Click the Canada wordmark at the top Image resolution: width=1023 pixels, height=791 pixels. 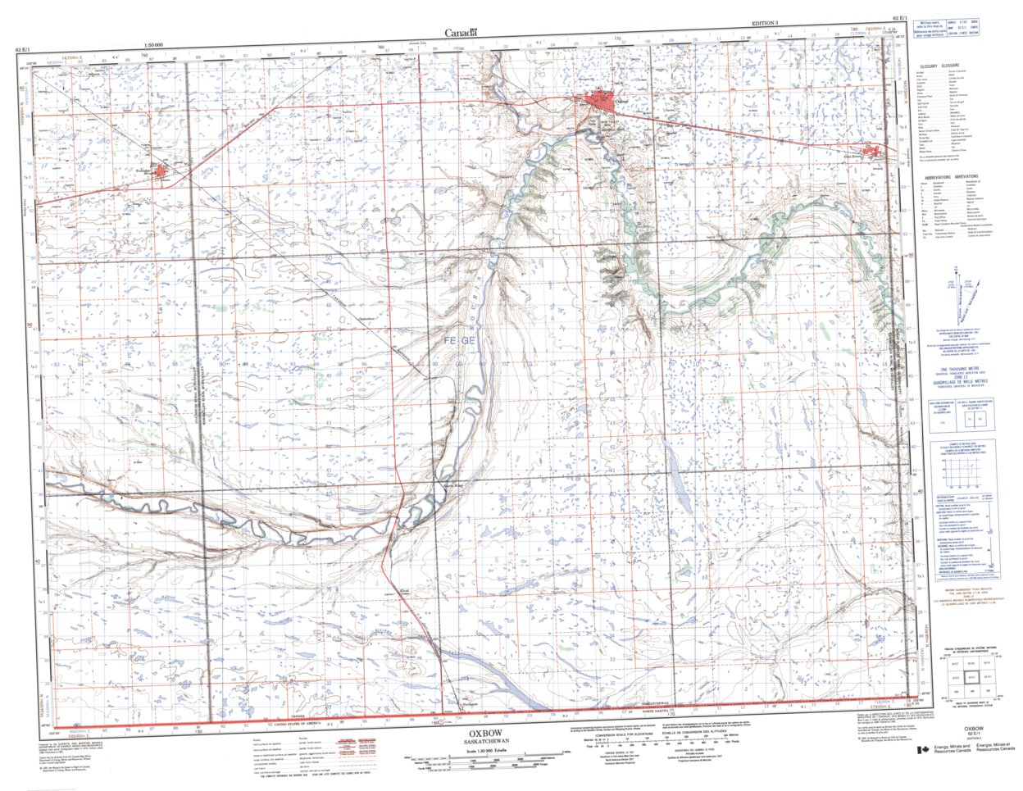pos(461,34)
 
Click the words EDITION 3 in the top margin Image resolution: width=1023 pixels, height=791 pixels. pos(769,25)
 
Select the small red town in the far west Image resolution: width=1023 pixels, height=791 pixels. pos(161,170)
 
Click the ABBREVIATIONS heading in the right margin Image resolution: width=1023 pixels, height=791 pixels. pos(950,177)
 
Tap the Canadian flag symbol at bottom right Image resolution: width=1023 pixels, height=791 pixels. pos(924,748)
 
